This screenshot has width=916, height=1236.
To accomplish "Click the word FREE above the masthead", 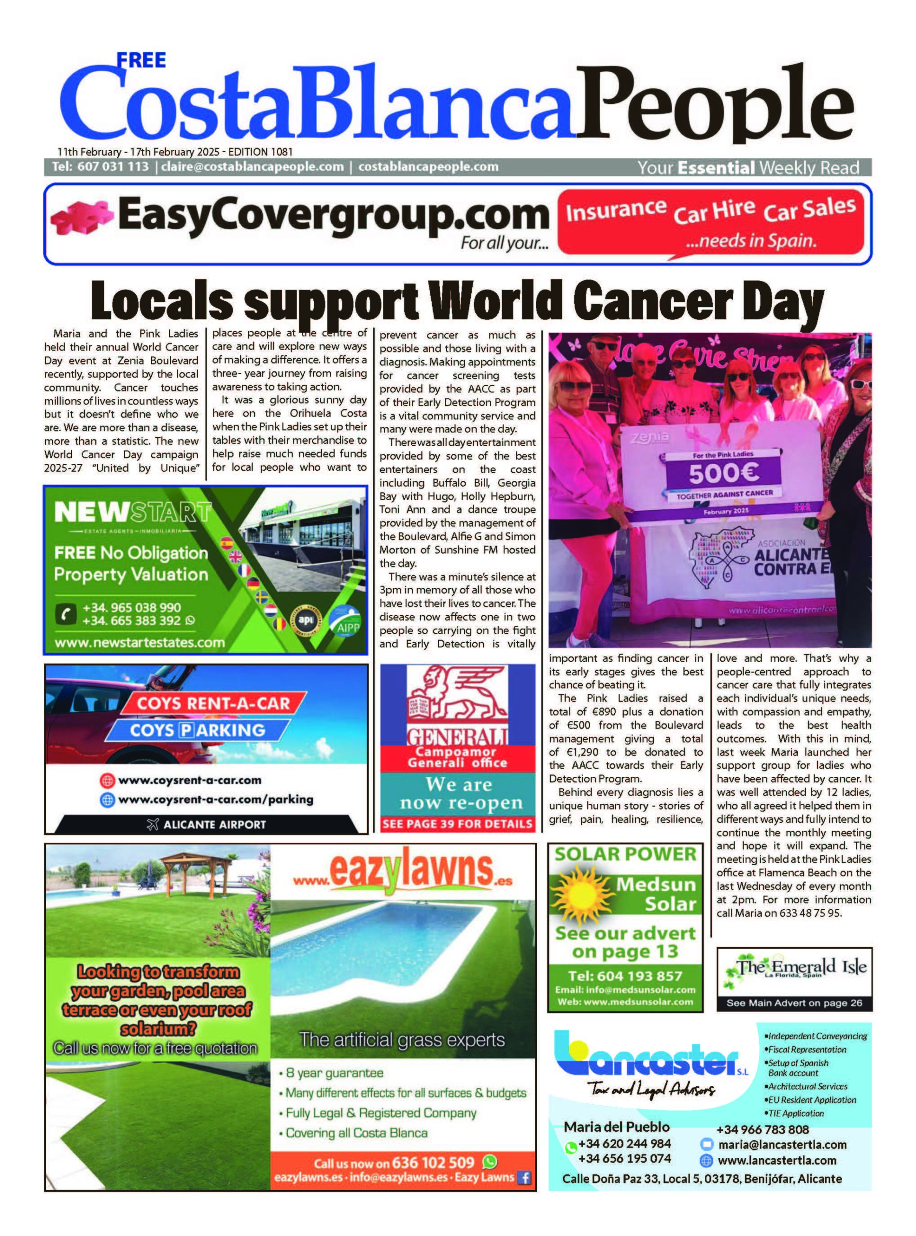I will click(x=141, y=60).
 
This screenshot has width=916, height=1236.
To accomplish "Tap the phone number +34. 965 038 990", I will click(x=131, y=607).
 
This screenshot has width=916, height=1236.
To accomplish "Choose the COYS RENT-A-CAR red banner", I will click(x=213, y=703).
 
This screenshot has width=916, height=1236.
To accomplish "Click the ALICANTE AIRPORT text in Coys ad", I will click(x=214, y=824).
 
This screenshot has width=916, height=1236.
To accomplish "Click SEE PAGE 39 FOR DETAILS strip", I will click(x=457, y=824).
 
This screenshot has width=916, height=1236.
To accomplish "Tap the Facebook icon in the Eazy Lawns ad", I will click(x=523, y=1178).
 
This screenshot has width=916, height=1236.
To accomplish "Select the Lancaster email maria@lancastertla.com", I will click(x=782, y=1145).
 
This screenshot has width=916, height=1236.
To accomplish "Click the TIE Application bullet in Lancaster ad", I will click(x=796, y=1113).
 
